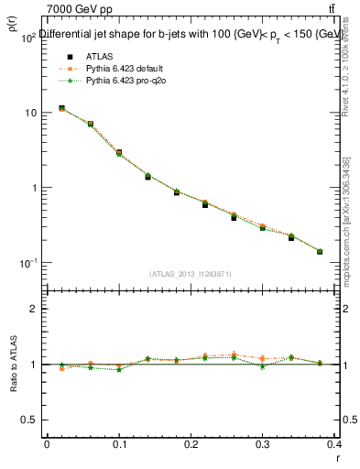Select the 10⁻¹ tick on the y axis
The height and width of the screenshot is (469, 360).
click(x=26, y=263)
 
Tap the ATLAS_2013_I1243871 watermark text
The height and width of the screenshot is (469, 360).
click(x=191, y=274)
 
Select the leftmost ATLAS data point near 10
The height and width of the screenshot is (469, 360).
click(x=61, y=108)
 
